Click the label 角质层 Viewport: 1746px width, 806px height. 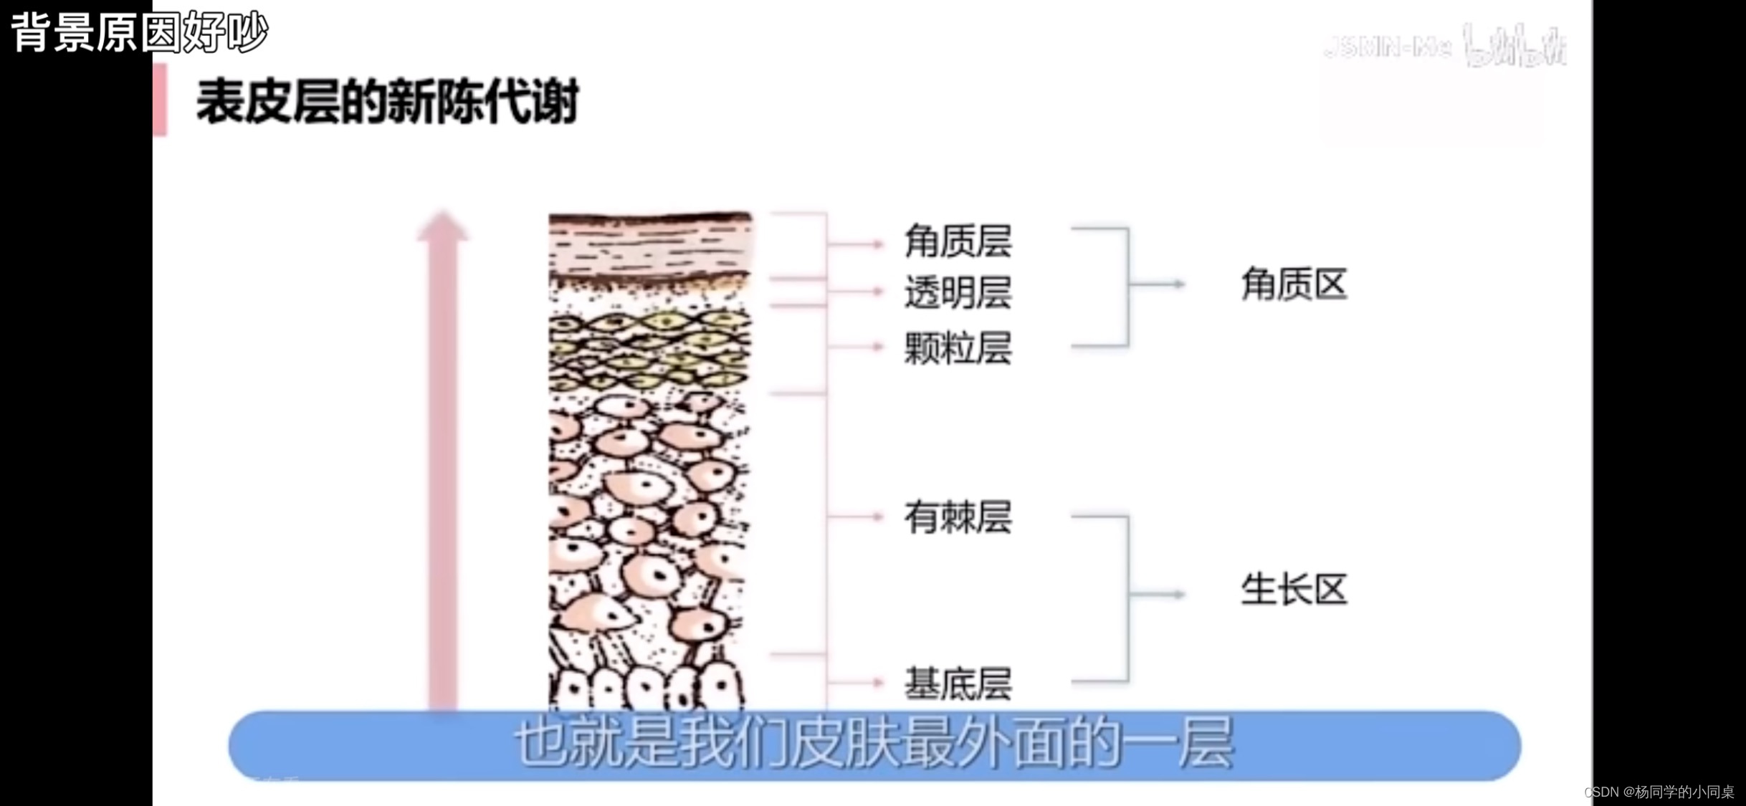(958, 241)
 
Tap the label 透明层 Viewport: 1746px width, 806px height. (958, 293)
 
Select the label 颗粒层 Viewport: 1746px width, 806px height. (958, 348)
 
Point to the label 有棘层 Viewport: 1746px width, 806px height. (958, 517)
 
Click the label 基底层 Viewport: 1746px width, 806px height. (958, 683)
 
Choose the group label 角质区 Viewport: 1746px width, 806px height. (1294, 284)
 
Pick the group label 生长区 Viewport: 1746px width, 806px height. (1294, 590)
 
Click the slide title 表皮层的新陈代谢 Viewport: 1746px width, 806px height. (387, 102)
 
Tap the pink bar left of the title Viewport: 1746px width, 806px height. (160, 100)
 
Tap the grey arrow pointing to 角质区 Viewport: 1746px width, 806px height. (1158, 284)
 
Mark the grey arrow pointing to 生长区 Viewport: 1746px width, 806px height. (1158, 594)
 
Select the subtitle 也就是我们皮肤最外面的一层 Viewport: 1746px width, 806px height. (874, 745)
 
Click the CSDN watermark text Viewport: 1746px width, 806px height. (1659, 792)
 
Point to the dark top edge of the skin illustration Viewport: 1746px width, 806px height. (650, 217)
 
